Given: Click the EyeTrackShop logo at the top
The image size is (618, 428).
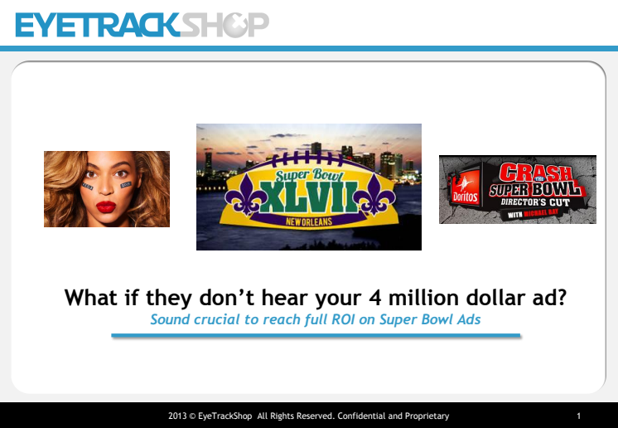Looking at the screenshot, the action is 142,25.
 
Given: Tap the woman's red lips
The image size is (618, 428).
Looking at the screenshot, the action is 106,207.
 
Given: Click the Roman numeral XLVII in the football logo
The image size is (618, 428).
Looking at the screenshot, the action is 309,197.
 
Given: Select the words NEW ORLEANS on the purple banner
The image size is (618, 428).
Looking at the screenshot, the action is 309,221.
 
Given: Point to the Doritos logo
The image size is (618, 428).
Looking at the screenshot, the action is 465,187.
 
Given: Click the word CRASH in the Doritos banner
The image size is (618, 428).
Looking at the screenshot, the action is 536,173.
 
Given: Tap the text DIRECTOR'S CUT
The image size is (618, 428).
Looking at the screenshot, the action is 535,202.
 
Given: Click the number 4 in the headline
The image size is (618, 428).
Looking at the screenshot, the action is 374,298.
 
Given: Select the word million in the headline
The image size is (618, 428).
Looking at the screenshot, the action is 423,297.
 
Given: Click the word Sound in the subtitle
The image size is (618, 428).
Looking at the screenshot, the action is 170,319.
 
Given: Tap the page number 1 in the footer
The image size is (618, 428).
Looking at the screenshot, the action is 578,416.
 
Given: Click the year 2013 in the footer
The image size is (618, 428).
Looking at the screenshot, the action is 177,416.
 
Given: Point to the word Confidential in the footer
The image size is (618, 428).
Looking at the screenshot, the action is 361,416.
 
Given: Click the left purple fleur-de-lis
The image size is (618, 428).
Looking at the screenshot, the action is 244,194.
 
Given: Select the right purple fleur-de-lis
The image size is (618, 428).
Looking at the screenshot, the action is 374,194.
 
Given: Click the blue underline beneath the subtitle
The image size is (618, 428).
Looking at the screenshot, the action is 316,336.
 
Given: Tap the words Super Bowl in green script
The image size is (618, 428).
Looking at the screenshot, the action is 310,175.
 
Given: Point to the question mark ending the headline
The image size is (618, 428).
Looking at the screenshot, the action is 561,297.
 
